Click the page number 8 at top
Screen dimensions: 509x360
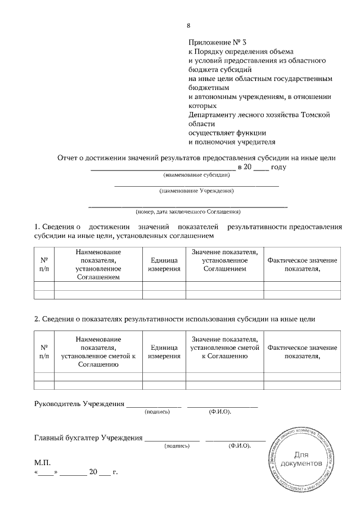[x=189, y=25]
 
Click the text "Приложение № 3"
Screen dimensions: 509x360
[x=218, y=42]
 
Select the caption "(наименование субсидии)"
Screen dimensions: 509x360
[x=197, y=176]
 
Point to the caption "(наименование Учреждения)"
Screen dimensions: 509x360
[x=197, y=191]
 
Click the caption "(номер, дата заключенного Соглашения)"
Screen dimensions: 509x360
[x=188, y=212]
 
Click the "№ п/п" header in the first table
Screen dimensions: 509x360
[x=44, y=264]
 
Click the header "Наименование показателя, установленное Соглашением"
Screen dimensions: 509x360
[x=98, y=264]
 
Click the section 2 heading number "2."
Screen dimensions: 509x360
[x=37, y=319]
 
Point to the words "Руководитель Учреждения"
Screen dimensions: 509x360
[x=79, y=404]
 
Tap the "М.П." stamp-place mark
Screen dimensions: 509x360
[x=43, y=462]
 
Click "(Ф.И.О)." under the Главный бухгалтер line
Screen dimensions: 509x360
[x=240, y=446]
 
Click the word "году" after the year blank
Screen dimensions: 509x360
[x=279, y=167]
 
